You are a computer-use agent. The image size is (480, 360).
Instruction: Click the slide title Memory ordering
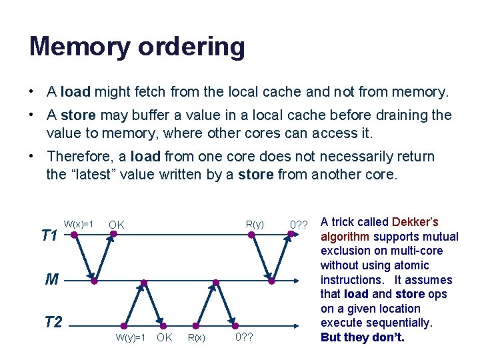click(137, 47)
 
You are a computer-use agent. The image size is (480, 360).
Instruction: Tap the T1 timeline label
click(49, 235)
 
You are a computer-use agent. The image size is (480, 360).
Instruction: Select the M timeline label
click(52, 279)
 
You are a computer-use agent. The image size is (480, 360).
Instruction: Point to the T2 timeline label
click(53, 323)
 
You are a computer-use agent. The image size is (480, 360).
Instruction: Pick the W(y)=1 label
click(131, 337)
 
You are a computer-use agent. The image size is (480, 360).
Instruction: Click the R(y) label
click(255, 224)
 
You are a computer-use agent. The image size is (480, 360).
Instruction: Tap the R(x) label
click(196, 337)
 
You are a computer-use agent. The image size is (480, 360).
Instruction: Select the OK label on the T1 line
click(117, 225)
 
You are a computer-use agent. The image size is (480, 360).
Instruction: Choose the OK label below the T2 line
click(164, 337)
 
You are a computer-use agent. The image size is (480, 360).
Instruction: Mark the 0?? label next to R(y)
click(299, 225)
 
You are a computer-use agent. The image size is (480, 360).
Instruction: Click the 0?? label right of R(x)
click(245, 337)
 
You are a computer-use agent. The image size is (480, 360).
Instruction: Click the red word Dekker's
click(415, 222)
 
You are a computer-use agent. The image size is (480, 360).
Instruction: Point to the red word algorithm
click(345, 237)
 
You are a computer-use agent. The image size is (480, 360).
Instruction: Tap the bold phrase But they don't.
click(363, 337)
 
